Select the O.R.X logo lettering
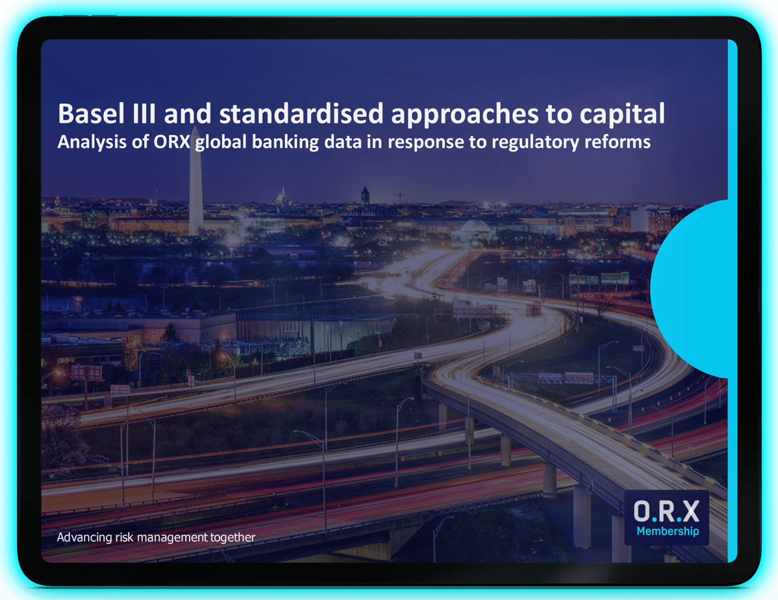(x=666, y=512)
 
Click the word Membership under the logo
(x=667, y=532)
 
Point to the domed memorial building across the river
(x=474, y=229)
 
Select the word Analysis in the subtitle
(x=84, y=142)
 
